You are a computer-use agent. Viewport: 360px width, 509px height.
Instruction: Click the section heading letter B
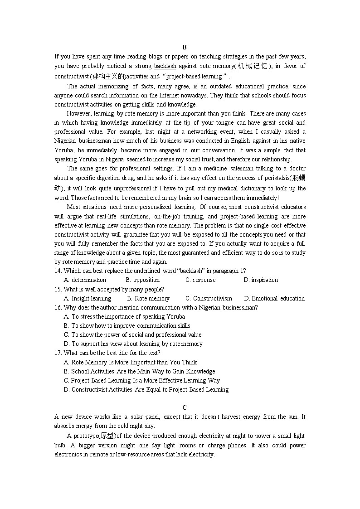185,47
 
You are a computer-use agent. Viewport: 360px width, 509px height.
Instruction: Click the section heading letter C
185,407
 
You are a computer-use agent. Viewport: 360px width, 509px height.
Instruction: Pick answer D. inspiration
261,280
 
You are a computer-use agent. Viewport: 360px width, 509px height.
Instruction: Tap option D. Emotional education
274,298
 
